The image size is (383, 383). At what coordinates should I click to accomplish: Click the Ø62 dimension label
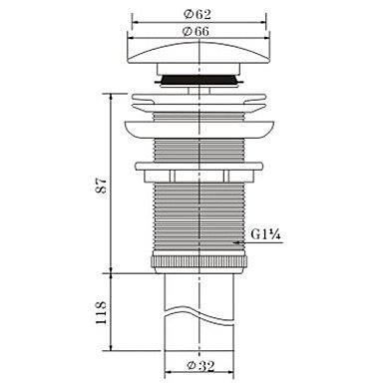197,14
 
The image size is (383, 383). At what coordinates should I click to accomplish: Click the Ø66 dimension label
196,31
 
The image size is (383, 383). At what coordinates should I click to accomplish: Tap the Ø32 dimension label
200,366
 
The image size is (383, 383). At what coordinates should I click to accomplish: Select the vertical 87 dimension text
101,186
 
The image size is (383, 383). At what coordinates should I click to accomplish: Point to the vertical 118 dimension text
101,312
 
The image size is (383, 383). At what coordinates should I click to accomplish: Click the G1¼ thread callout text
266,234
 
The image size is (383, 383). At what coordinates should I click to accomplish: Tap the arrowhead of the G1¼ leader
236,242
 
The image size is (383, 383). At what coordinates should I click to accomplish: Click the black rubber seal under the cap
198,80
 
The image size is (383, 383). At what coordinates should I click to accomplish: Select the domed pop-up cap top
198,52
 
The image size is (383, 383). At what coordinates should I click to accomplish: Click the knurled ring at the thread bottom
198,261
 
